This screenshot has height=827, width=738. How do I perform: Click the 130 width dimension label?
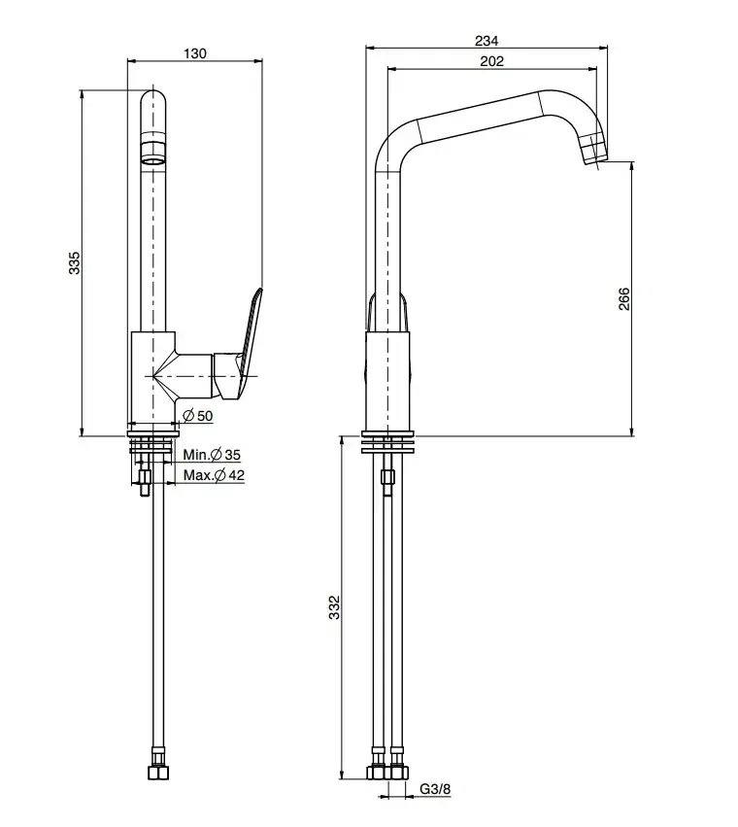coord(194,53)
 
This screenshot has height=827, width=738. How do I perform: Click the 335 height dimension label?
coord(74,263)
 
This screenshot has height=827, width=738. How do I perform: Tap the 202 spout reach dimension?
coord(492,62)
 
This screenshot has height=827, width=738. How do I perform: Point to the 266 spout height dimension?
coord(623,298)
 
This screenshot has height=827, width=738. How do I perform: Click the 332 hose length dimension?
coord(334,607)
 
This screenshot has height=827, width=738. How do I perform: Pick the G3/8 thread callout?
coord(436,789)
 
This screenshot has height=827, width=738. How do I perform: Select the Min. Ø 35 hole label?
coord(212,455)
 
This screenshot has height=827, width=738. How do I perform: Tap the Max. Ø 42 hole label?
coord(213,475)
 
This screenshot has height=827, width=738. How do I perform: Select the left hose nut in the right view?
coord(377,774)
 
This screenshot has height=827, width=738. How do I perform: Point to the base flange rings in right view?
coord(388,441)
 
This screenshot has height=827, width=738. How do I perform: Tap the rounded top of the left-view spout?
coord(153,101)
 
